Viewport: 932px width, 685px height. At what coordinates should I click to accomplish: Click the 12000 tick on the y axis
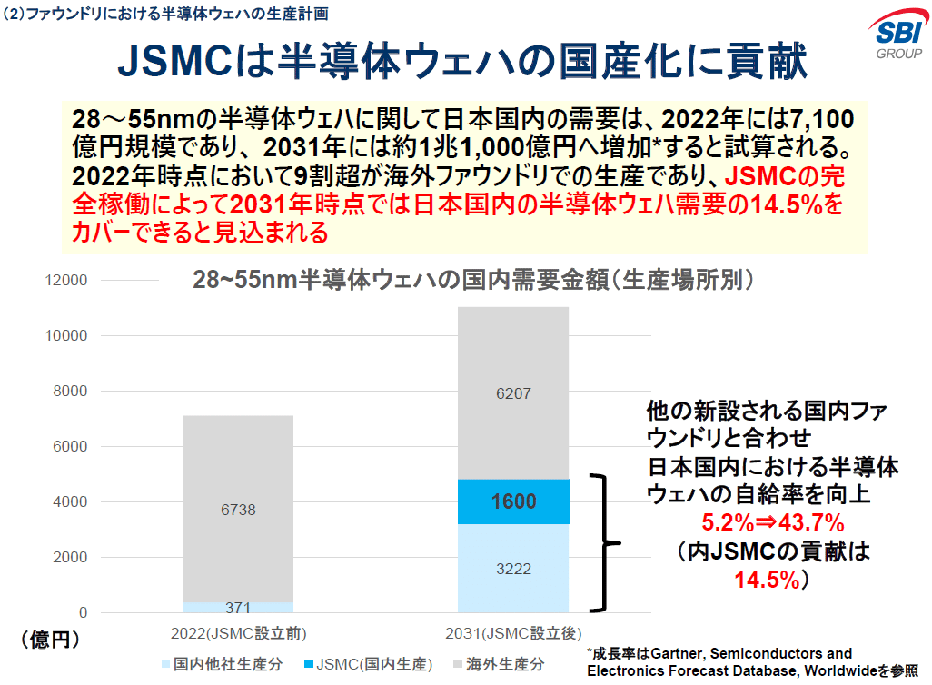68,281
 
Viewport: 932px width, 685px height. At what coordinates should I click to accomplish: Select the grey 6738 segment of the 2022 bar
238,509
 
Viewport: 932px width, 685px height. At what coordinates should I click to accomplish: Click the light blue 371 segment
238,607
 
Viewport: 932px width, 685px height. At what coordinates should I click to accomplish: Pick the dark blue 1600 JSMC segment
513,501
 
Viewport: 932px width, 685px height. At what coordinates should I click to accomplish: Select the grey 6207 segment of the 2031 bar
513,393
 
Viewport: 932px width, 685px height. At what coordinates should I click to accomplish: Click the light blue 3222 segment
513,569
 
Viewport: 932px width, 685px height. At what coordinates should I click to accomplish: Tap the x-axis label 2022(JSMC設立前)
238,632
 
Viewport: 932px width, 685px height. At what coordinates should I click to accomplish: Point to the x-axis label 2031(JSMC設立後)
513,632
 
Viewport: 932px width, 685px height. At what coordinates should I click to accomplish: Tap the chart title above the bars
472,279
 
